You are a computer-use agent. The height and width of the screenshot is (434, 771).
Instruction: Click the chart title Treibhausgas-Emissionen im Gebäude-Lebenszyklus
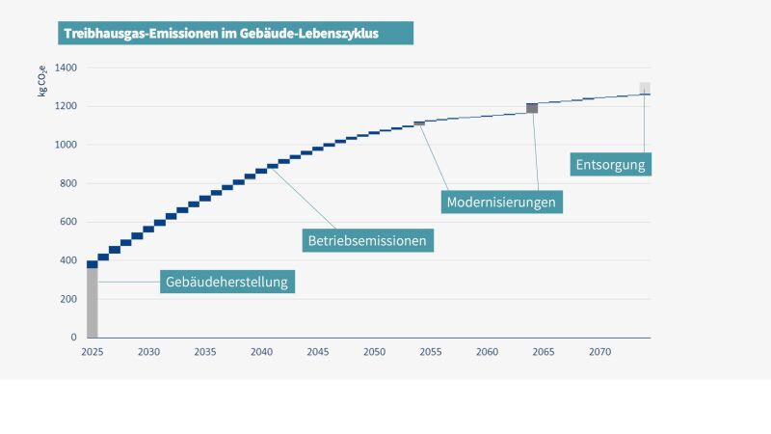click(x=222, y=33)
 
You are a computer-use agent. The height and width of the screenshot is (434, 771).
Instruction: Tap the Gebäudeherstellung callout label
click(x=227, y=282)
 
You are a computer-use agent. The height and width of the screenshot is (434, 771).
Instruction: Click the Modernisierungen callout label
click(x=502, y=202)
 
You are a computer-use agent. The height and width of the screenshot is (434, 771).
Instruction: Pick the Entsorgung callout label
click(x=610, y=163)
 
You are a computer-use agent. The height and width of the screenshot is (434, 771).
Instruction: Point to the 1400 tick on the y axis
click(x=66, y=68)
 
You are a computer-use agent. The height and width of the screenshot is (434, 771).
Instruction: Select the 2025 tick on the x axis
click(x=92, y=353)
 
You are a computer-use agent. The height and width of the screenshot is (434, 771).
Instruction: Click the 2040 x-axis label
click(x=261, y=353)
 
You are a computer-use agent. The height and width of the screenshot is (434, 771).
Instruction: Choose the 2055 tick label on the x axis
click(x=431, y=353)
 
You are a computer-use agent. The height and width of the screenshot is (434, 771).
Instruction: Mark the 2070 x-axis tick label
click(x=600, y=353)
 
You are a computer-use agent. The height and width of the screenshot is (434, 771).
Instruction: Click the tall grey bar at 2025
click(x=93, y=304)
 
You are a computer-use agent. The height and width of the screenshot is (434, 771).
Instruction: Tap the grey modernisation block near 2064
click(x=532, y=108)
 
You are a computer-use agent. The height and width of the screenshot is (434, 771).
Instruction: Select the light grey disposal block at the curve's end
click(x=645, y=88)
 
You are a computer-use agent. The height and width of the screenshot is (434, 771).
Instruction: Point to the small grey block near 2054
click(x=419, y=122)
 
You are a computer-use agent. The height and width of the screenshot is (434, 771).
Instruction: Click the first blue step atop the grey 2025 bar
click(x=93, y=264)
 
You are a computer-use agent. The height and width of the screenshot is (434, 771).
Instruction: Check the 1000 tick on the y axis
click(x=66, y=145)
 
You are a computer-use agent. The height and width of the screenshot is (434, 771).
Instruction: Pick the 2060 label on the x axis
click(x=487, y=353)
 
